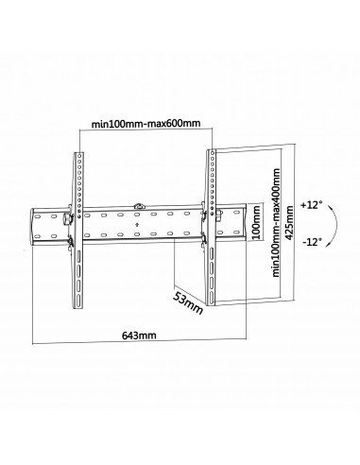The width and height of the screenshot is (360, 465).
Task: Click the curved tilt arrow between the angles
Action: [324, 222]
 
